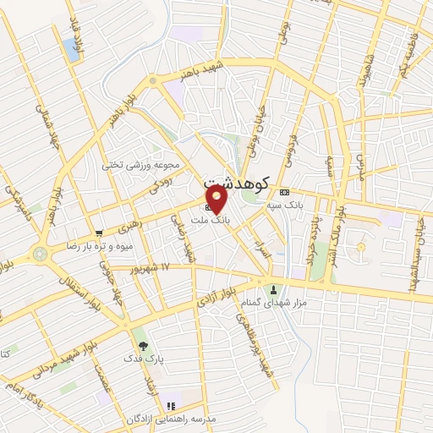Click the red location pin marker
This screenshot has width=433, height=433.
pos(216,200)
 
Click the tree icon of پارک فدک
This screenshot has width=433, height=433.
pos(142,345)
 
